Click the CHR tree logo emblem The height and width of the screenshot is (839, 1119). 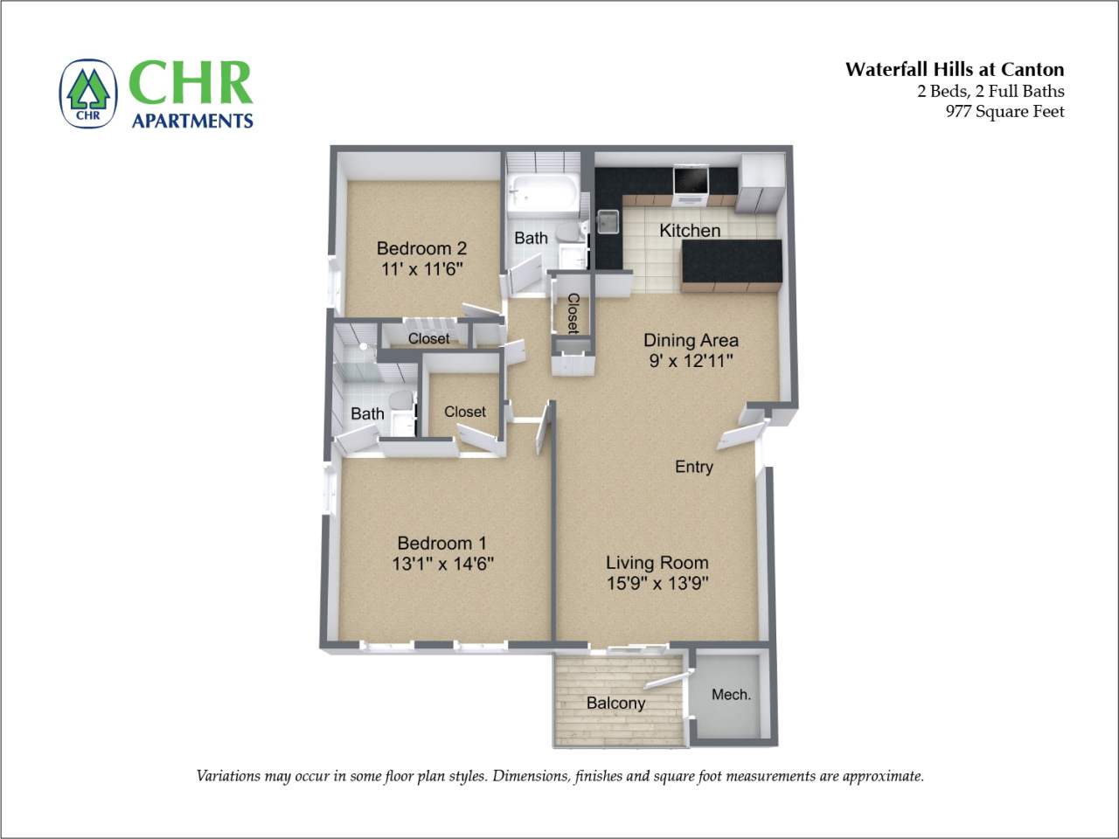pos(88,94)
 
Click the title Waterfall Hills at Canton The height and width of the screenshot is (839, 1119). pos(954,70)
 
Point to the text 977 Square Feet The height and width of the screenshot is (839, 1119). pos(1004,111)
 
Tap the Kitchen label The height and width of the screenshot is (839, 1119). pos(690,231)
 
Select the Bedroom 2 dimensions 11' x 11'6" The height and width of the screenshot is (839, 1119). pos(422,269)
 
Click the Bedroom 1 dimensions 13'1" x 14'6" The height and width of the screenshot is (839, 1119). pos(442,564)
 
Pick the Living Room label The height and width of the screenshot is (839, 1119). pos(657,563)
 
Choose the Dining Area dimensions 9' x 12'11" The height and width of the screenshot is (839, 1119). pos(691,360)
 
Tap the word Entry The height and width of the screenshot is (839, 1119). pos(694,467)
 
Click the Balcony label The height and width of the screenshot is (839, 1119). pos(615,703)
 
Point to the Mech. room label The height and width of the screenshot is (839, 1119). pos(731,695)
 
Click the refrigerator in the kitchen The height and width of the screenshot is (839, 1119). pos(761,184)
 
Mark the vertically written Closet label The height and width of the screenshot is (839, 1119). pos(573,313)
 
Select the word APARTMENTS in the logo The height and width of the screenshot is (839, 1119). pos(192,121)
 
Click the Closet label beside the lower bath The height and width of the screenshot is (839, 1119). pos(464,412)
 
